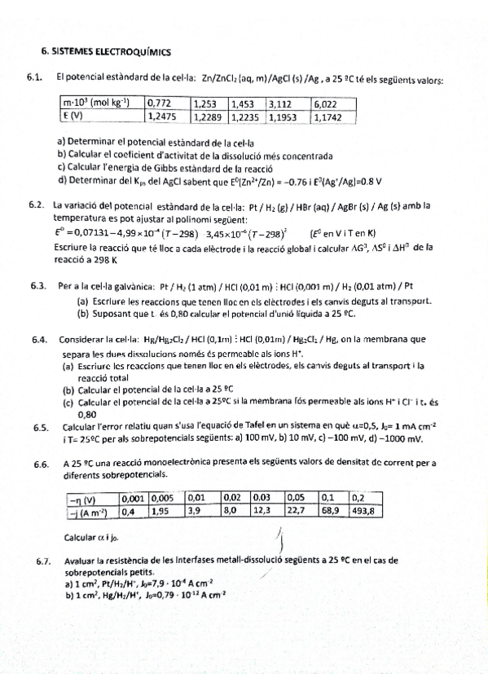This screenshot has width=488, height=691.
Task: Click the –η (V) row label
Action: click(x=82, y=499)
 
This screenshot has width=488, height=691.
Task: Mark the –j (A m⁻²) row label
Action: click(x=89, y=511)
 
